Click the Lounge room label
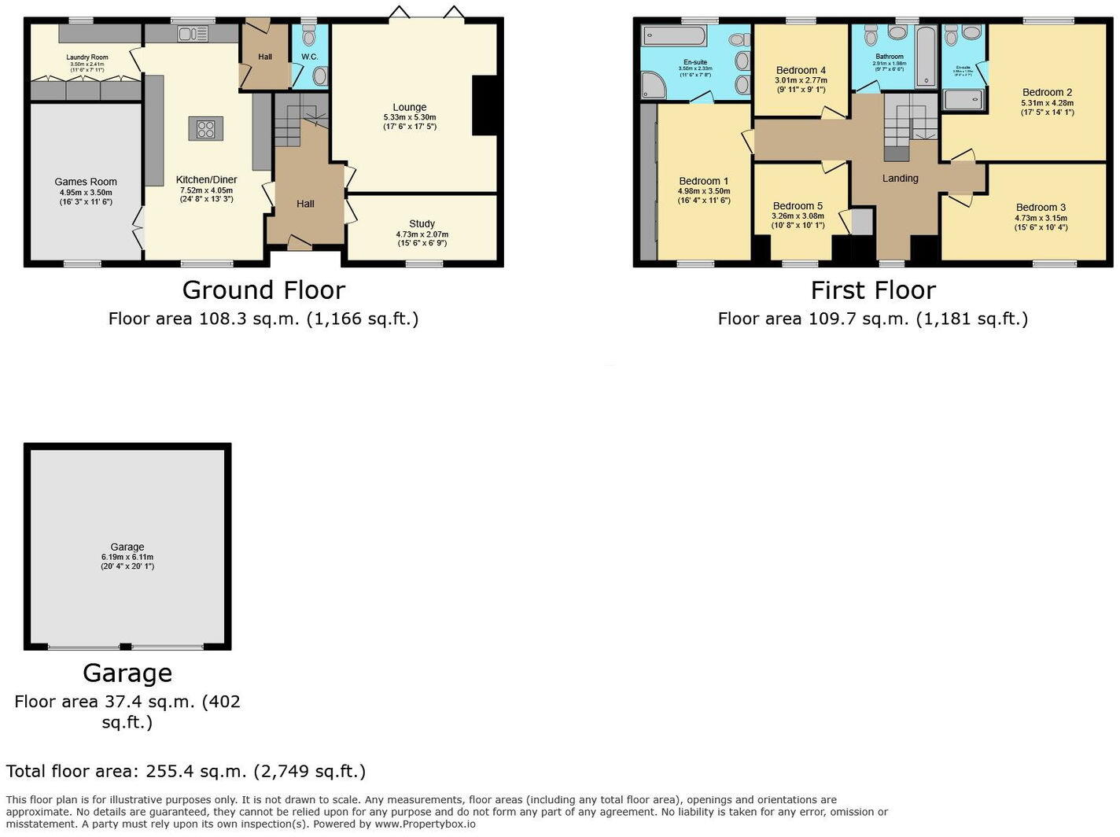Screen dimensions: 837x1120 coord(410,107)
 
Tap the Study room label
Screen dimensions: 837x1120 coord(422,224)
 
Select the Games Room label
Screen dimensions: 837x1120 coord(86,182)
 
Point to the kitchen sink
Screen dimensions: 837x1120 coord(193,34)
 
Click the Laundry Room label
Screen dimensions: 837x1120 coord(87,57)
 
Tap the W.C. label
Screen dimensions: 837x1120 coord(309,57)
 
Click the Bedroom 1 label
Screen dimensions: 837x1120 coord(703,181)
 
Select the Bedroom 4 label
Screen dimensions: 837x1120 coord(801,71)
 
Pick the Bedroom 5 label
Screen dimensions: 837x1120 coord(798,206)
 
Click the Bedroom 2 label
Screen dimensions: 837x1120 coord(1047,93)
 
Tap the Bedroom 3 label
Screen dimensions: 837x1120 coord(1041,208)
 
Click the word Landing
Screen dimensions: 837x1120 coord(900,179)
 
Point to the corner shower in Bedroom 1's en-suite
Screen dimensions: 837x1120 coord(654,85)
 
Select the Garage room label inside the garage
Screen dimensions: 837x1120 coord(127,547)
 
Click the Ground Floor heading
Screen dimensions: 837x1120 coord(263,290)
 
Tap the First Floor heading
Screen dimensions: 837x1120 coord(873,290)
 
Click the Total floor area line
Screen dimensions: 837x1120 coord(186,771)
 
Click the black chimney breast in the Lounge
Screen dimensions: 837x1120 coord(484,105)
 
